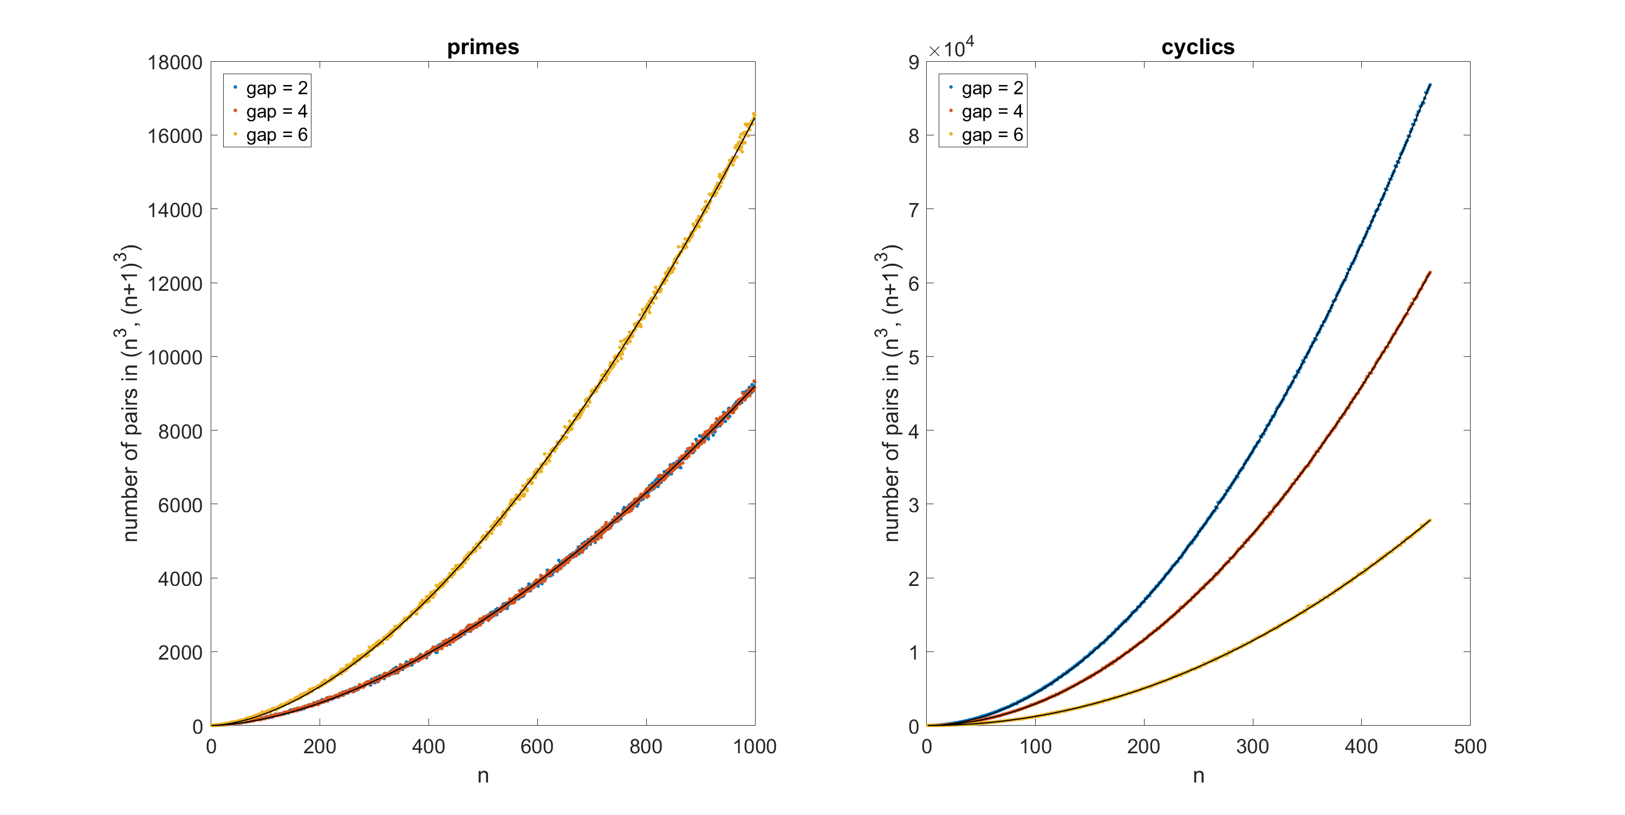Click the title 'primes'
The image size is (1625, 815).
(483, 47)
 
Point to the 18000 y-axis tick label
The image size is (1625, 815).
(175, 62)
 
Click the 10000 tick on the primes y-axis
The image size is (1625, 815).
(175, 357)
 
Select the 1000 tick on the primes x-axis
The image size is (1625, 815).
(755, 747)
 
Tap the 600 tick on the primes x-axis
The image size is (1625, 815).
(537, 747)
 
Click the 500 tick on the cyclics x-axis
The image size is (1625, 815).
(1470, 747)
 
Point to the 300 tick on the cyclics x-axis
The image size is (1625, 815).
(1252, 747)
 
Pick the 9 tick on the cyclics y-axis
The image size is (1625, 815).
(913, 62)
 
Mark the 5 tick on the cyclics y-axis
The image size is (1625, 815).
(913, 357)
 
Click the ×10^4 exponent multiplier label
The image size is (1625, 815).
(951, 48)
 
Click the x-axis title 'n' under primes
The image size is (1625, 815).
(483, 776)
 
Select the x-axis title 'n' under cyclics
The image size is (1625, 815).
(1198, 776)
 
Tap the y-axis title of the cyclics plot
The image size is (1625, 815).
(889, 393)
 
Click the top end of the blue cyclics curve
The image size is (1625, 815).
(1429, 84)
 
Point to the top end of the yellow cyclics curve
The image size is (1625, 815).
(1429, 520)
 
